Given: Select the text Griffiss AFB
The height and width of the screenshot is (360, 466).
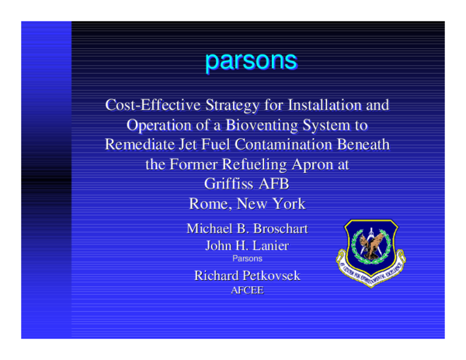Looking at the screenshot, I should tap(248, 185).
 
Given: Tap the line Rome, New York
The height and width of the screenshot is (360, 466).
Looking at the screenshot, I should tap(248, 205).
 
